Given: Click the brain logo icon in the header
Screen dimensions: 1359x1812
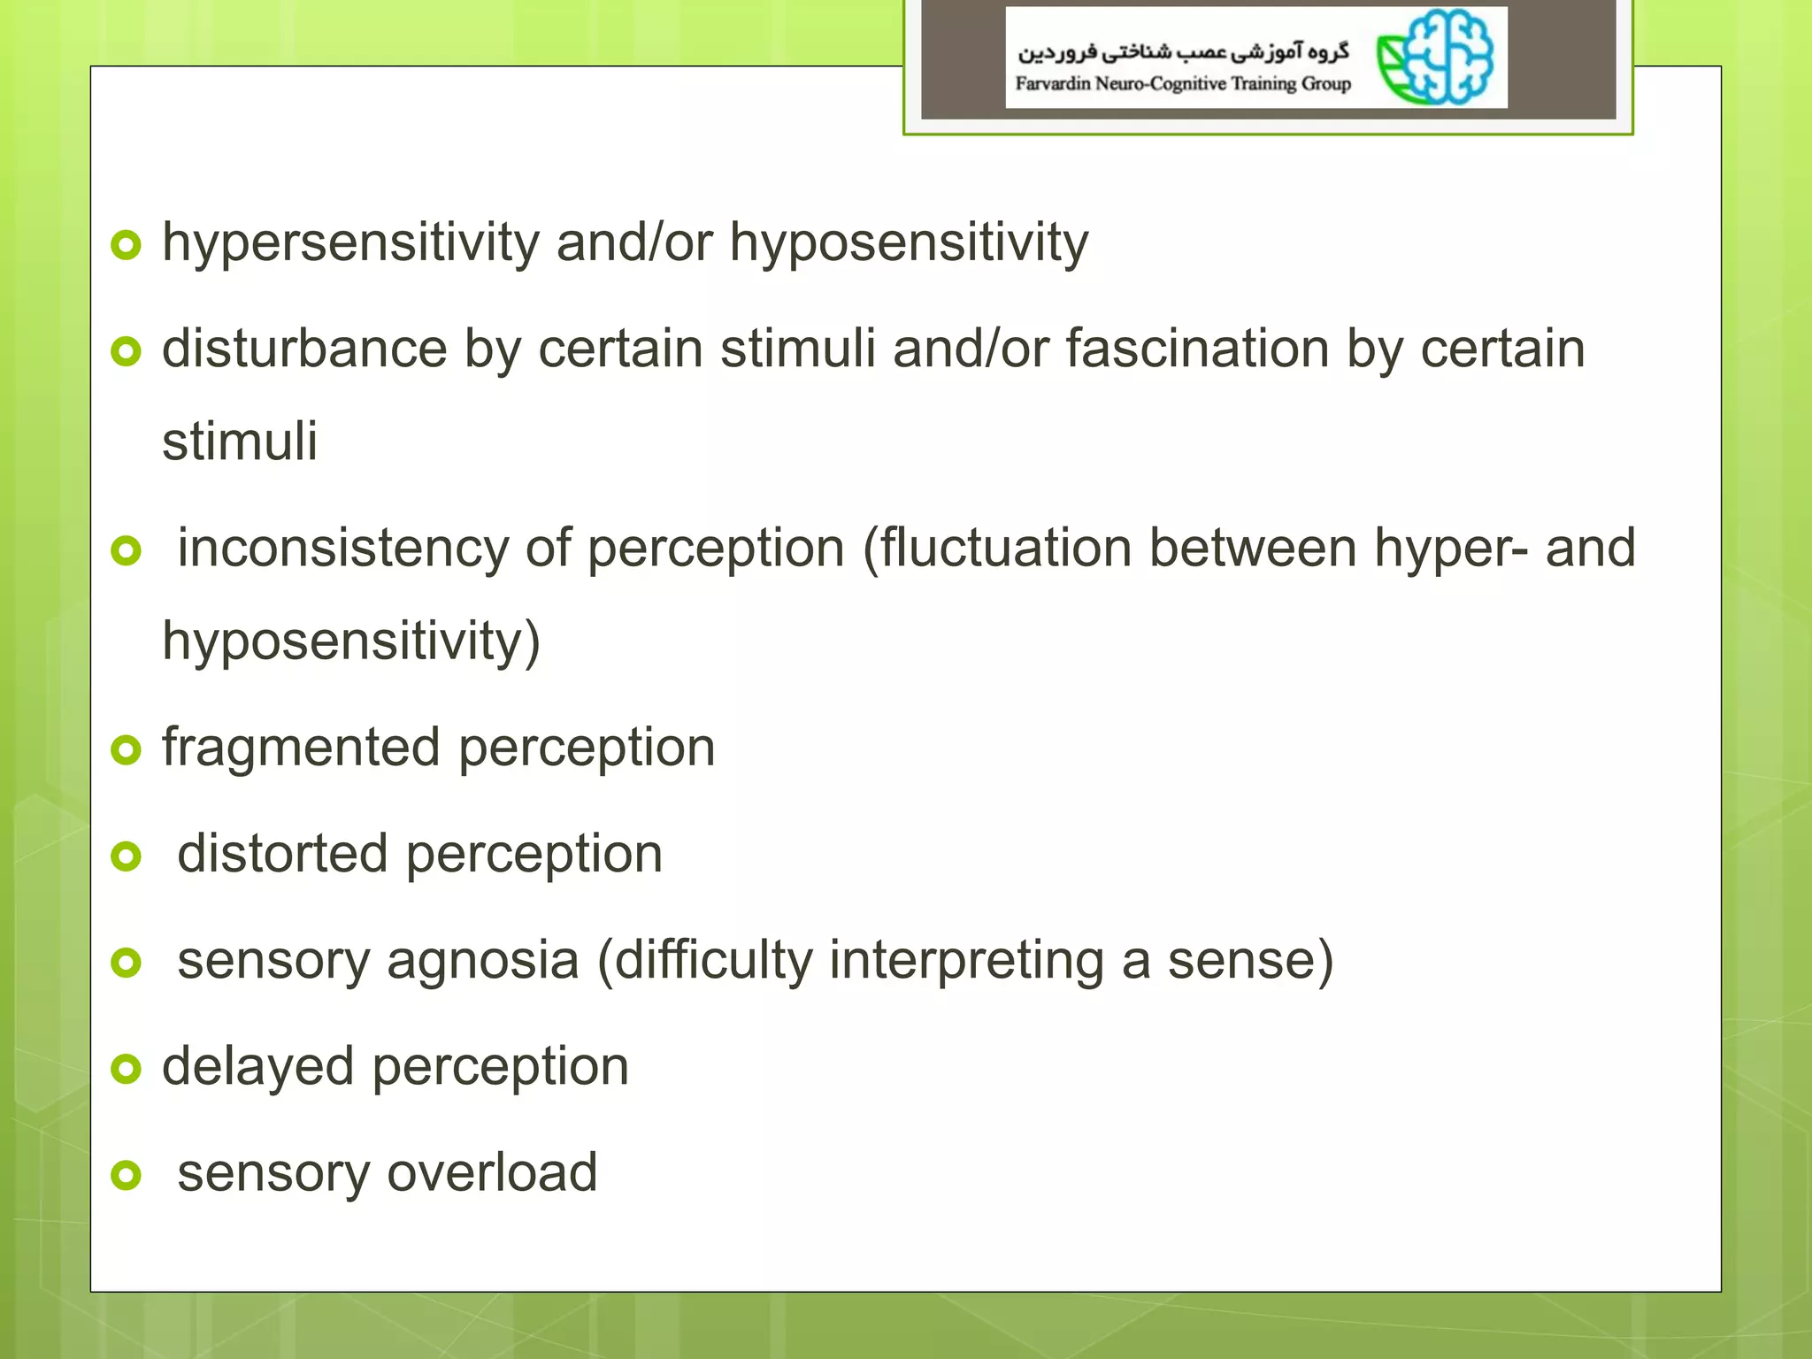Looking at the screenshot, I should click(x=1436, y=58).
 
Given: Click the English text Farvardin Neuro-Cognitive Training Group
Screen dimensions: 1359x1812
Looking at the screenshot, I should click(x=1183, y=84).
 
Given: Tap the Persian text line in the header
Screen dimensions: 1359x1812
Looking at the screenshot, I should click(x=1183, y=51).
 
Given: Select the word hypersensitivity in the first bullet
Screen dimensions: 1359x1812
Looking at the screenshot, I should click(x=350, y=243).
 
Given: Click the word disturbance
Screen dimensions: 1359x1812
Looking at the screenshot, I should click(x=304, y=349).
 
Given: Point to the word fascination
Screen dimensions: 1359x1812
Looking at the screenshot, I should click(x=1197, y=349).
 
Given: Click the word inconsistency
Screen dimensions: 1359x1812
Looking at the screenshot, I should click(x=343, y=549).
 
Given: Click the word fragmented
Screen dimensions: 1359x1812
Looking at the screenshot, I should click(x=301, y=749).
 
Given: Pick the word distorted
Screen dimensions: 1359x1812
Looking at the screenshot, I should click(x=282, y=855).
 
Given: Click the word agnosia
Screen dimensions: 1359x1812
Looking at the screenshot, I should click(x=483, y=962).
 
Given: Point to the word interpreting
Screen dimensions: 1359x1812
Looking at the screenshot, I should click(x=966, y=962).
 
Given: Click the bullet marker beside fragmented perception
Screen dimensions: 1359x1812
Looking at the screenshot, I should click(x=127, y=750).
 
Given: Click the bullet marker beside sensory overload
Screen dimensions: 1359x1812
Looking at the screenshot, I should click(x=127, y=1175).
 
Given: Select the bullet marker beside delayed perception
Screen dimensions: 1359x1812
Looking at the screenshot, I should click(x=127, y=1069).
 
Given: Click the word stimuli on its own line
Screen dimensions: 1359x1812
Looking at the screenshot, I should click(x=240, y=441).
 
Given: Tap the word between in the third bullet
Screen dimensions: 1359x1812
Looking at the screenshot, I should click(x=1253, y=549).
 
